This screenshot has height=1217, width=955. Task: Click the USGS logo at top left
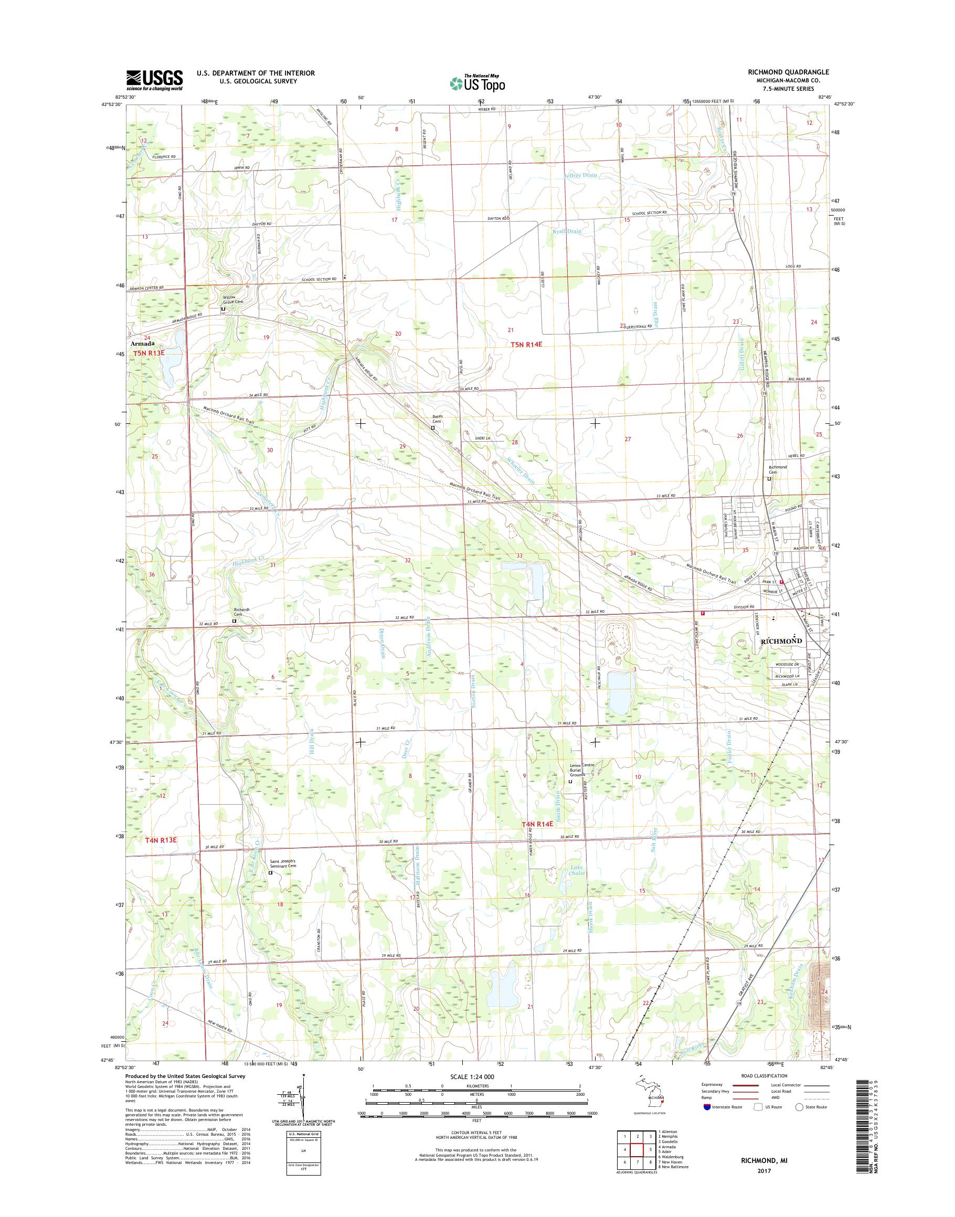[x=154, y=80]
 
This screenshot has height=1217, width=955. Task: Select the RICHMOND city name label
[x=782, y=640]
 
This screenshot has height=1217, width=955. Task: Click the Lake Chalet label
[x=577, y=870]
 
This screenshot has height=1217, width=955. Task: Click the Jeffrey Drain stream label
[x=580, y=175]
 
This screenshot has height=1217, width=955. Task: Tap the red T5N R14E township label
[x=526, y=345]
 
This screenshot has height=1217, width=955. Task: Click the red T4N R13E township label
[x=161, y=840]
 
